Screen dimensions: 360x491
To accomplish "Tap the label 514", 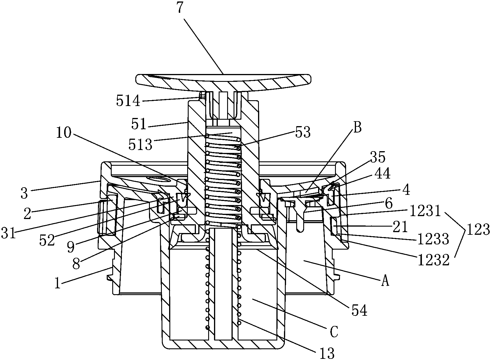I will pos(129,102).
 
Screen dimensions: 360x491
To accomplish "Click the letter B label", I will pos(358,128).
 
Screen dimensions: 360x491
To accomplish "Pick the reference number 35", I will pos(378,157).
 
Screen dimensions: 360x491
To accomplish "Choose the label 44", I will pos(382,174).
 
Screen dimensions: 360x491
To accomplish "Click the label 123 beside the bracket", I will pos(478,230).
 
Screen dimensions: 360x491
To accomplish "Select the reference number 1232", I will pos(434,260).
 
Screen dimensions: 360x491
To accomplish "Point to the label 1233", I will pos(433,239).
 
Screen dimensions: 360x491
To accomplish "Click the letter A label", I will pos(385,281).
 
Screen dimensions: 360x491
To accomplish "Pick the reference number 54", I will pos(360,311).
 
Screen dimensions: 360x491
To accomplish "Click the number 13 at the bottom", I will pos(327,353).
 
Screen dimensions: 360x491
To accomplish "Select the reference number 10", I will pos(64,133).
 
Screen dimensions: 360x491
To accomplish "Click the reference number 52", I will pos(48,240).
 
